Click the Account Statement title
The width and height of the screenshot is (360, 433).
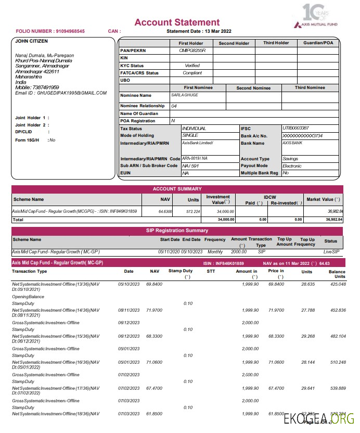(x=177, y=22)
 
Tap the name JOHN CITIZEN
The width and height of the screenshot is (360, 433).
(x=31, y=41)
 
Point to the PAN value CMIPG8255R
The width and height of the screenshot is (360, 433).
(x=192, y=50)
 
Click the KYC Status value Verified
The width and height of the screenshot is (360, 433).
(x=192, y=66)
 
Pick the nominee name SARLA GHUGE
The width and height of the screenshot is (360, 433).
(x=185, y=95)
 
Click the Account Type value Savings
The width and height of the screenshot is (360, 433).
(x=290, y=158)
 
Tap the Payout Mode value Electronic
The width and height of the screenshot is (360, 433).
(x=292, y=165)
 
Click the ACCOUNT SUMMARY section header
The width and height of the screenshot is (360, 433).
(x=177, y=189)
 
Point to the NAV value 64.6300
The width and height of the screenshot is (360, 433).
(x=165, y=212)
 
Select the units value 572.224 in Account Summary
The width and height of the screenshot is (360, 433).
(x=193, y=212)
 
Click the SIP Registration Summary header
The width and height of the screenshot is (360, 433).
(x=177, y=230)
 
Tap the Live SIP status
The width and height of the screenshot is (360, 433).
(x=331, y=252)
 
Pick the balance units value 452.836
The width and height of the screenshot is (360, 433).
(x=337, y=310)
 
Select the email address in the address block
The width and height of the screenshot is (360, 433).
(x=61, y=93)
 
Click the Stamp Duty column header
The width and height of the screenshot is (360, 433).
(x=181, y=271)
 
